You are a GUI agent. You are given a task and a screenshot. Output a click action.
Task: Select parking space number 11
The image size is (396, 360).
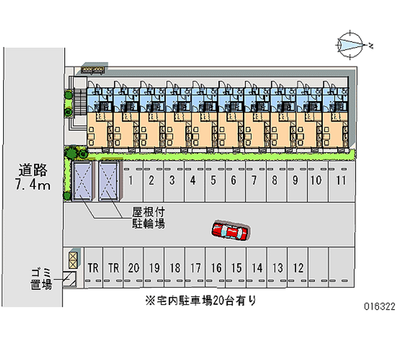click(340, 180)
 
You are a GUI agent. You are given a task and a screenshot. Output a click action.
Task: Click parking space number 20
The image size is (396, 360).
click(133, 268)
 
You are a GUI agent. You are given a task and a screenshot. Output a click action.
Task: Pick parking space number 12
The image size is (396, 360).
click(298, 268)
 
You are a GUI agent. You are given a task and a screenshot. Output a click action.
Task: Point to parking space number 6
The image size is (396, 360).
click(233, 180)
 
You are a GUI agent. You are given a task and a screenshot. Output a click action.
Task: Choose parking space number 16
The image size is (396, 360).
click(216, 268)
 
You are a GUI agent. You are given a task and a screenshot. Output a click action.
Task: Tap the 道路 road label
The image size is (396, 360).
click(33, 170)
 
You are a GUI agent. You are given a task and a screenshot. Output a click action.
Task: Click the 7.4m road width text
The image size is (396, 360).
click(33, 186)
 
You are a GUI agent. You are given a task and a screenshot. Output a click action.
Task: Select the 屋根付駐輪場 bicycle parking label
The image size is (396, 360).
click(148, 217)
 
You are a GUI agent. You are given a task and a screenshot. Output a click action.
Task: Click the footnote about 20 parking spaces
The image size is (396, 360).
click(200, 300)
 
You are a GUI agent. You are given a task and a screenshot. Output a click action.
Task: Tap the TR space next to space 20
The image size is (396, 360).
click(114, 268)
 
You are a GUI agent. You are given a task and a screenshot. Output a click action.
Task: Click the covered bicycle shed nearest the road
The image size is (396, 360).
click(82, 181)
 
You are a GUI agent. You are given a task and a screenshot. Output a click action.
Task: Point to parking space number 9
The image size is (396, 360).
click(295, 180)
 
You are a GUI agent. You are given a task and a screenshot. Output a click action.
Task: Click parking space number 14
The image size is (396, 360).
click(257, 268)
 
